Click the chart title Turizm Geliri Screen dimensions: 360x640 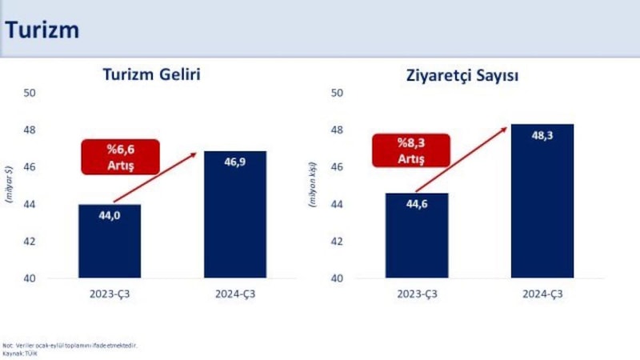click(151, 75)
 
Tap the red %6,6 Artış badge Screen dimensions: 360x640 click(121, 157)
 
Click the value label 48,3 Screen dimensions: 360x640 click(542, 135)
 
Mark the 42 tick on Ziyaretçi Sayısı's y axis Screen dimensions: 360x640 click(338, 242)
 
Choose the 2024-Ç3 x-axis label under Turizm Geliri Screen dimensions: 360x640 click(235, 294)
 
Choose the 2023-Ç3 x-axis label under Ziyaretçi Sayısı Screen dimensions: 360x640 click(417, 294)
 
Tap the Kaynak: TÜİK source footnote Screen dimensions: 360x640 click(16, 352)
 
